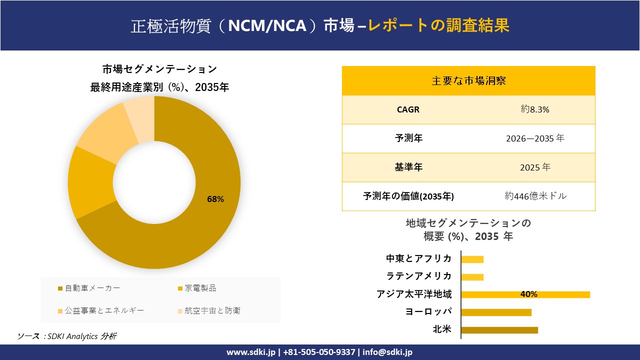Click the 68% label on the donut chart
coord(215,199)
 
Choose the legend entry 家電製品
coord(200,288)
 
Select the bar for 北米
coord(499,329)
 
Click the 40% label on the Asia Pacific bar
coord(528,294)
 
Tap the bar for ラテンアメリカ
coord(472,277)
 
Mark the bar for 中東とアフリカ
coord(472,259)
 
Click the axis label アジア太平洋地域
coord(414,294)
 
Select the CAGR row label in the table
coord(408,109)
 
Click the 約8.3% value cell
coord(534,109)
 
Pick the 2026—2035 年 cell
coord(534,138)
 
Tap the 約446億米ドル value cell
coord(535,196)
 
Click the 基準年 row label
coord(408,167)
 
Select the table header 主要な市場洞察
coord(468,80)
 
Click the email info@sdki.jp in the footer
coord(387,352)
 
